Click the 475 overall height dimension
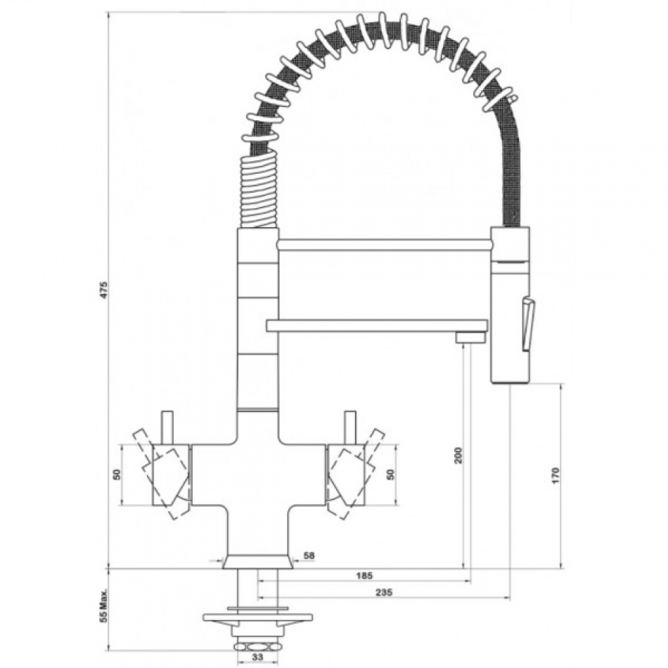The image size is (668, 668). point(104,290)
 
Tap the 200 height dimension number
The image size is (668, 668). point(458,456)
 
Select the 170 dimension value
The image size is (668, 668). point(555,475)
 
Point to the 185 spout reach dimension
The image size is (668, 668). point(364,576)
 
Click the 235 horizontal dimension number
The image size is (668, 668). point(384,592)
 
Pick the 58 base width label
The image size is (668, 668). point(309,555)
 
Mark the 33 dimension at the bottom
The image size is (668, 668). point(257,657)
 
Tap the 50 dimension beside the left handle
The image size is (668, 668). point(117,474)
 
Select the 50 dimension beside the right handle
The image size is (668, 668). point(390,474)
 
